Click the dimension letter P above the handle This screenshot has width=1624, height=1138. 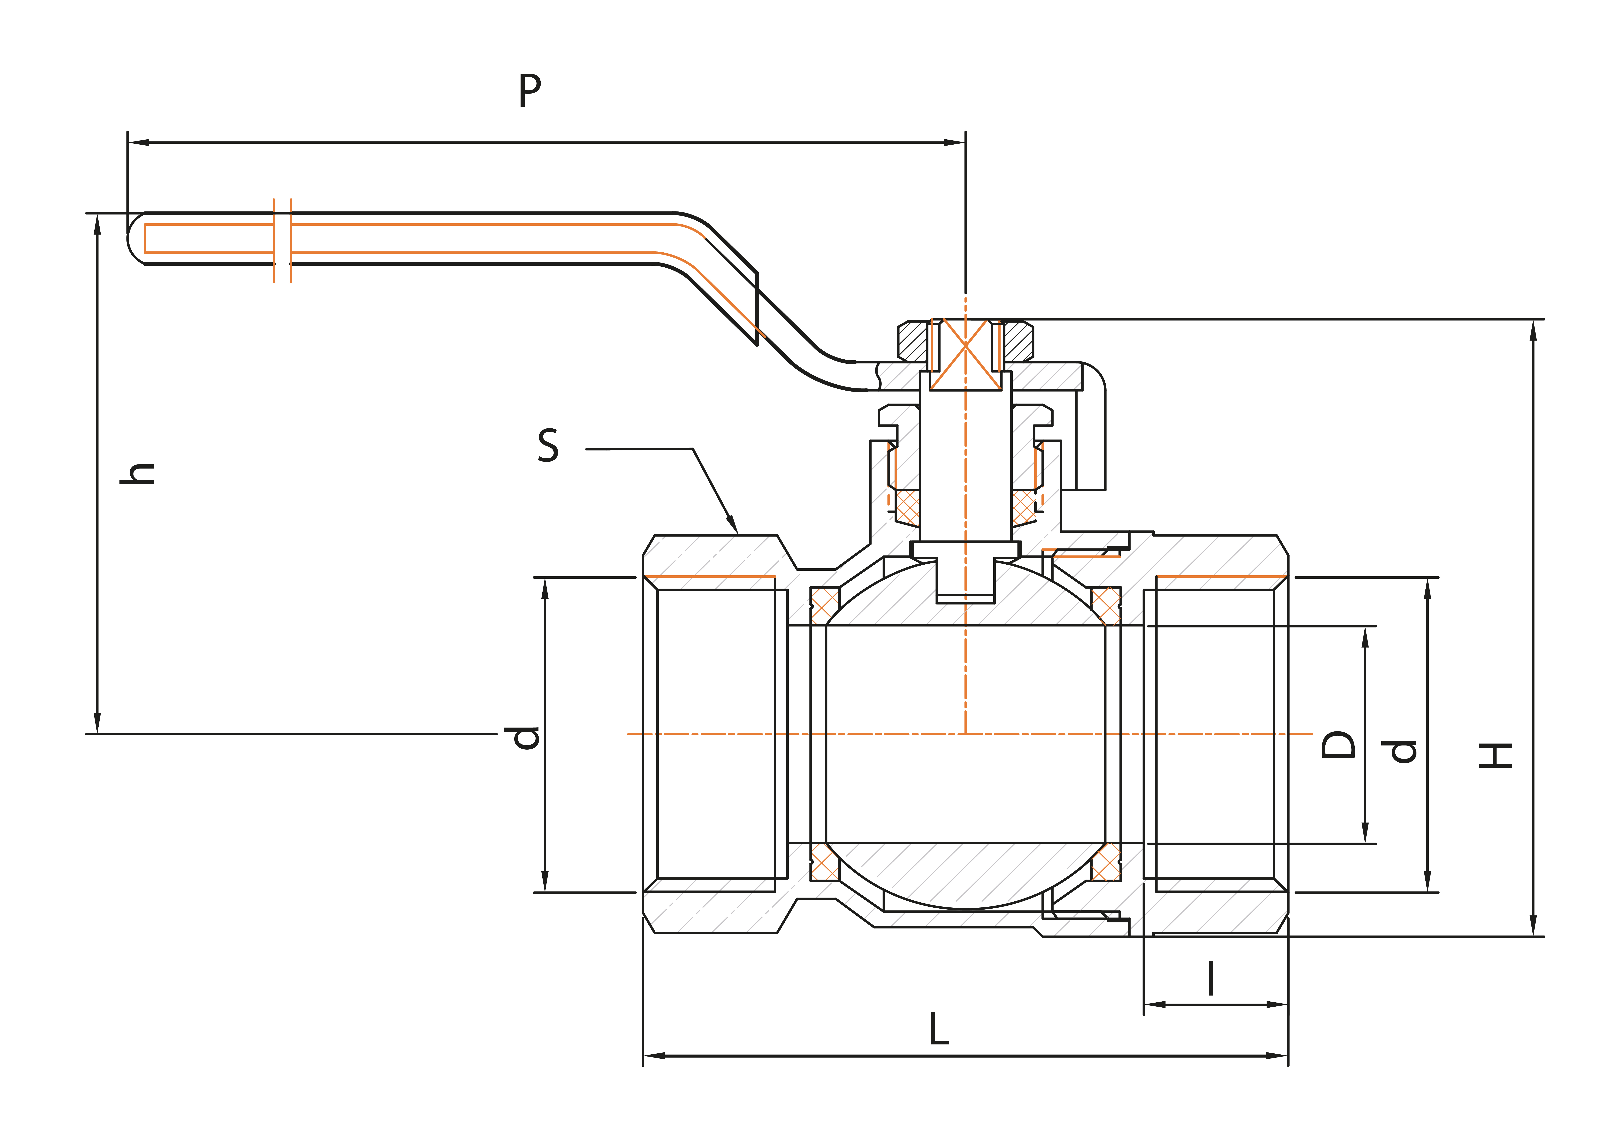[530, 91]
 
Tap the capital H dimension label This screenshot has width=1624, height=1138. [1495, 755]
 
